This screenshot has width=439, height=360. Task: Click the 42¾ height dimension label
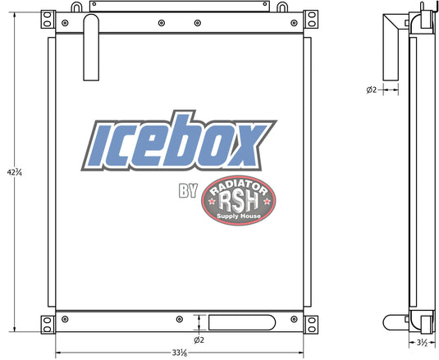point(14,172)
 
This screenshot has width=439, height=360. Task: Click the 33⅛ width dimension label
point(180,353)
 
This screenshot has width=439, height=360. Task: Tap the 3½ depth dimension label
point(422,343)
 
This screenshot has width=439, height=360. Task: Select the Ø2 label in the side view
point(372,89)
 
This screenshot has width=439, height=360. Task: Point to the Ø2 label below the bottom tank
point(199,340)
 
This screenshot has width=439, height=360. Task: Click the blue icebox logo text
point(179,141)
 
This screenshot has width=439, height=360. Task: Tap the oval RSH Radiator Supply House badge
point(239,200)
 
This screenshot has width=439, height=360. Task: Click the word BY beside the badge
point(189,190)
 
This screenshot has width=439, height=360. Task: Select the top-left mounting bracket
point(48,20)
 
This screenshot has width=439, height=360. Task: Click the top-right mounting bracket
point(311,20)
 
